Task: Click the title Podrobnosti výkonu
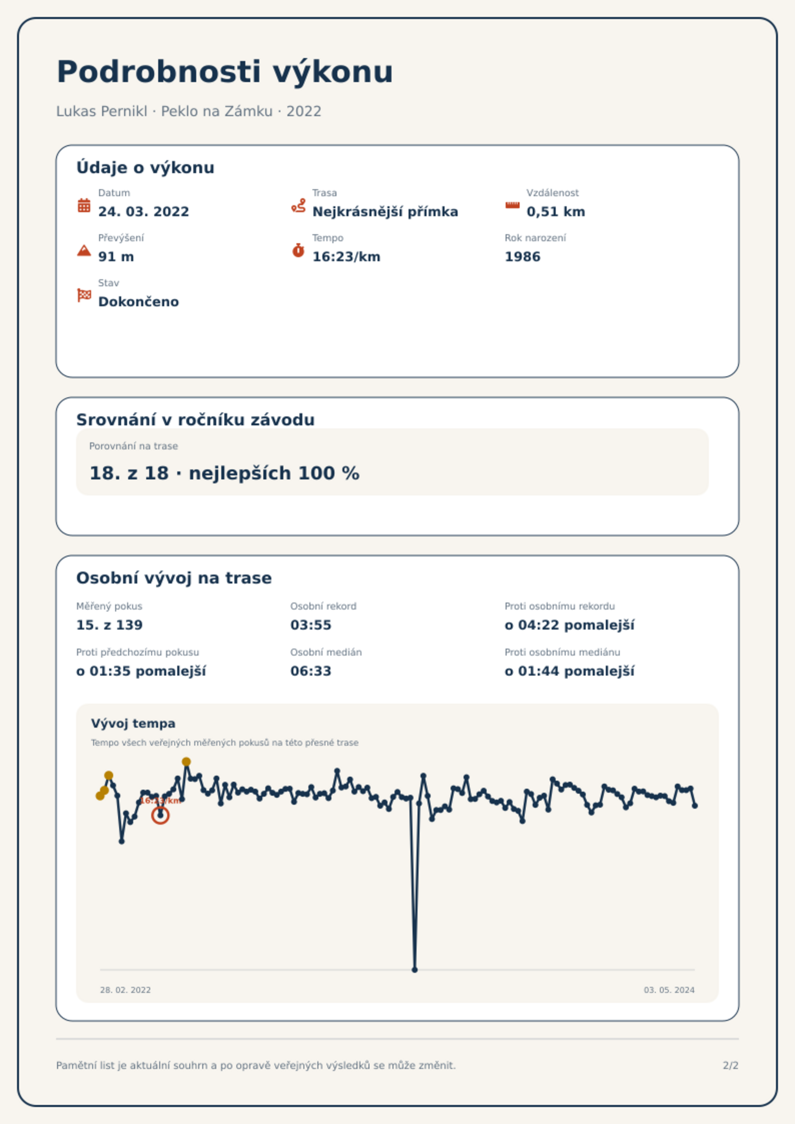pos(225,72)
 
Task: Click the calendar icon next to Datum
pos(84,205)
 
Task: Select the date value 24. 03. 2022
pos(144,212)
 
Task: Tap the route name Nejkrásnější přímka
pos(385,212)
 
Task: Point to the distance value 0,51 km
pos(556,212)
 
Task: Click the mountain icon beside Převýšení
pos(84,250)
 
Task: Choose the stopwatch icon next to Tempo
pos(298,250)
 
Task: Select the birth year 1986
pos(523,257)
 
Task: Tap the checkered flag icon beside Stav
pos(84,295)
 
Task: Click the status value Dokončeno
pos(139,302)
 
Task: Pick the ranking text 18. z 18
pos(129,473)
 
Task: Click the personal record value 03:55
pos(311,625)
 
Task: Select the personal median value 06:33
pos(311,671)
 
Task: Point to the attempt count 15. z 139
pos(109,625)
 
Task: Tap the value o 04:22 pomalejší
pos(570,625)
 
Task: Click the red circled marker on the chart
pos(160,815)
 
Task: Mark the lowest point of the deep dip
pos(415,970)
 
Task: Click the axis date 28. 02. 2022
pos(125,990)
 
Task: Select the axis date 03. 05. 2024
pos(669,990)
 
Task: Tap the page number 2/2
pos(730,1065)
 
